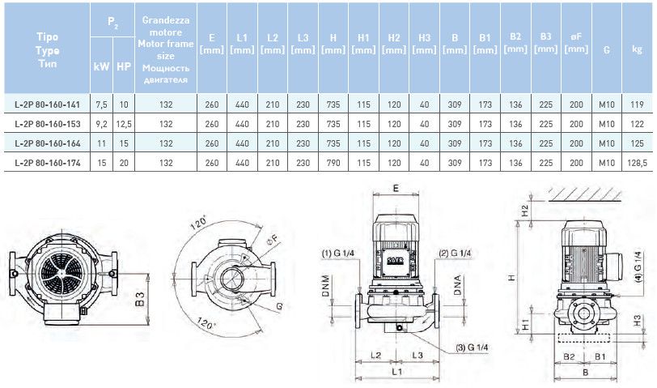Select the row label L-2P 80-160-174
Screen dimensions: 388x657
(48, 163)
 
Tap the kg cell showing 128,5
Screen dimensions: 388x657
(638, 163)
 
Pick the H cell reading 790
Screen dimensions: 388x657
(333, 163)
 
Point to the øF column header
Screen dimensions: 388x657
(575, 43)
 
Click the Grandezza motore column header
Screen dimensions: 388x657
(166, 49)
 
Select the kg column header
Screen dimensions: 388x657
(638, 49)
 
